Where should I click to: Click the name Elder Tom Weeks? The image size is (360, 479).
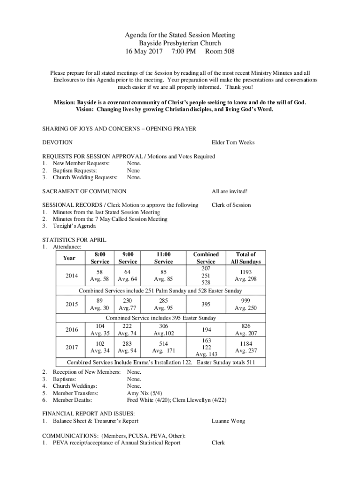pos(233,142)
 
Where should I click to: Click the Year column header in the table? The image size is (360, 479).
pos(69,258)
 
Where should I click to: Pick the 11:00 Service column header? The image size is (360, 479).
pos(163,258)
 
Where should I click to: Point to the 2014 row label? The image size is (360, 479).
pos(72,276)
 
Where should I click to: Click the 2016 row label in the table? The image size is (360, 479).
pos(72,330)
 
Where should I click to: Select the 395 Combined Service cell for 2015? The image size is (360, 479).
pos(206,304)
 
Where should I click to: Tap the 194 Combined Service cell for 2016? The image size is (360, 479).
pos(206,330)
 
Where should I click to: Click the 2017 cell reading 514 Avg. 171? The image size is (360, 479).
pos(163,347)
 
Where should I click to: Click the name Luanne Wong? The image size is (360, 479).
pos(228,421)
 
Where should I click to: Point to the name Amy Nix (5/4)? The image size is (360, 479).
pos(145,393)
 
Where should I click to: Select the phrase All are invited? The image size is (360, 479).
pos(230,191)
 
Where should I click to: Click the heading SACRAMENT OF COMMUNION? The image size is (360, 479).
pos(84,191)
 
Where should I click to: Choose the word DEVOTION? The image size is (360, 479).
pos(58,142)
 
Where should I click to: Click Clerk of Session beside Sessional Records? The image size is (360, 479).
pos(231,205)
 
